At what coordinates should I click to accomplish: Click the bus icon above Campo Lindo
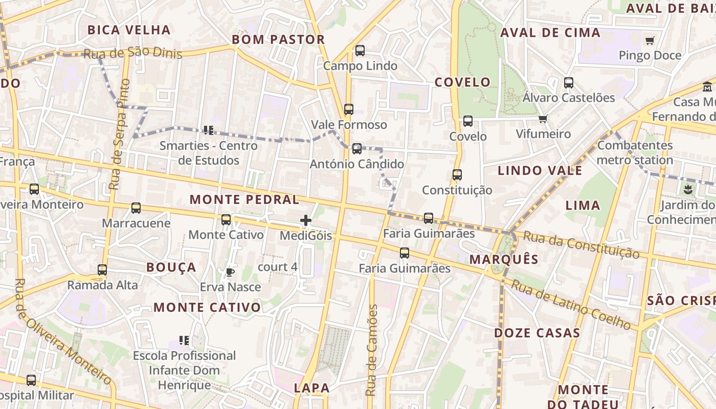coord(360,51)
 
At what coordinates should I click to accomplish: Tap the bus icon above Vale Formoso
coord(349,109)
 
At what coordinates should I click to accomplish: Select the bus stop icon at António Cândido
coord(357,149)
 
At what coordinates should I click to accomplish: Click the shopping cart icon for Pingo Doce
coord(650,40)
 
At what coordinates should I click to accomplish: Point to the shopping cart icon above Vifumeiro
coord(543,119)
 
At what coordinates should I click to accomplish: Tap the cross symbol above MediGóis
coord(306,220)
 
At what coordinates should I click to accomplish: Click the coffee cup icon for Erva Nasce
coord(230,271)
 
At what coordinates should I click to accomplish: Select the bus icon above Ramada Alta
coord(102,269)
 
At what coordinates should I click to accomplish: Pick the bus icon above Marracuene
coord(136,208)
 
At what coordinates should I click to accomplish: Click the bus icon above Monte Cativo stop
coord(226,220)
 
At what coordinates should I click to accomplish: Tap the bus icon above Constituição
coord(457,175)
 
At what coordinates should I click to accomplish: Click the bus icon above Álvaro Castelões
coord(569,82)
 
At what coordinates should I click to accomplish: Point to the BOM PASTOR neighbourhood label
coord(278,39)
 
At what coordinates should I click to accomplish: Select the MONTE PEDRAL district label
coord(244,199)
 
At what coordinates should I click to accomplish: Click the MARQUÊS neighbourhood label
coord(504,259)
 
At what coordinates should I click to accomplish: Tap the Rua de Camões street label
coord(372,350)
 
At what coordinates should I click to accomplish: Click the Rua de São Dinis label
coord(132,53)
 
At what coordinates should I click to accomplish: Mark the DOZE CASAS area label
coord(537,333)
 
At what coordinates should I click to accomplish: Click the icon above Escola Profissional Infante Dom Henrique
coord(184,340)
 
